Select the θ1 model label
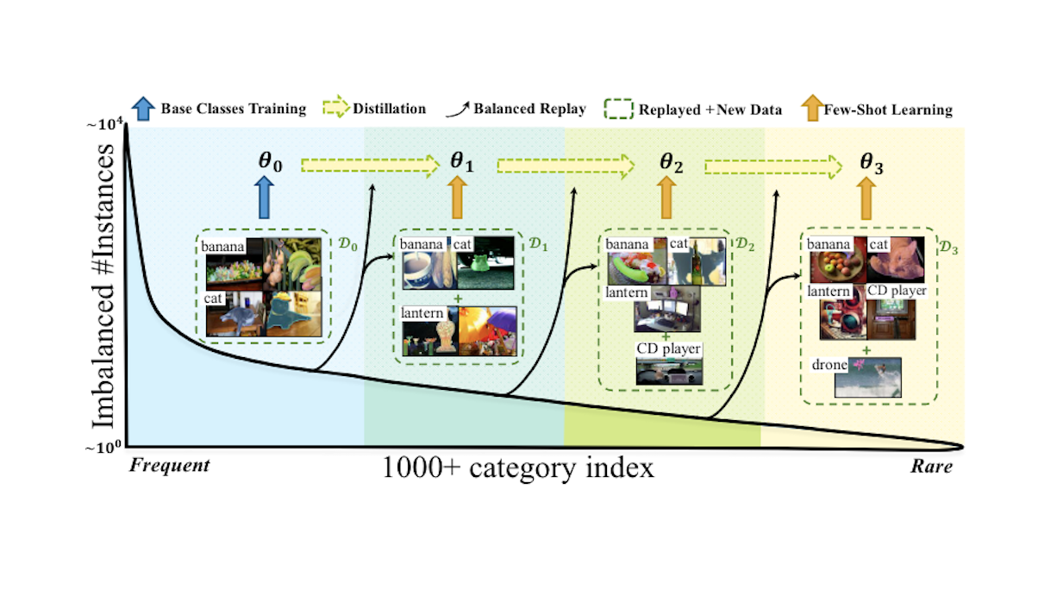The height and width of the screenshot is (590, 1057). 461,161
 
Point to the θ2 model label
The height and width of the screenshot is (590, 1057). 672,161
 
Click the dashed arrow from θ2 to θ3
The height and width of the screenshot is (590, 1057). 772,166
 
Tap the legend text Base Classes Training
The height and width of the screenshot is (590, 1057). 233,109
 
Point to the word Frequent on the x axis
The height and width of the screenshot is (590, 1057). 170,466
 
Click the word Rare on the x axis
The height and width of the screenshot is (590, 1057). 931,467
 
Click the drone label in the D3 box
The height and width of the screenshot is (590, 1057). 829,365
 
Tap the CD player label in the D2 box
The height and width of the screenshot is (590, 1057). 668,348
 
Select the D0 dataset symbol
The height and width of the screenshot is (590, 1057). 346,244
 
